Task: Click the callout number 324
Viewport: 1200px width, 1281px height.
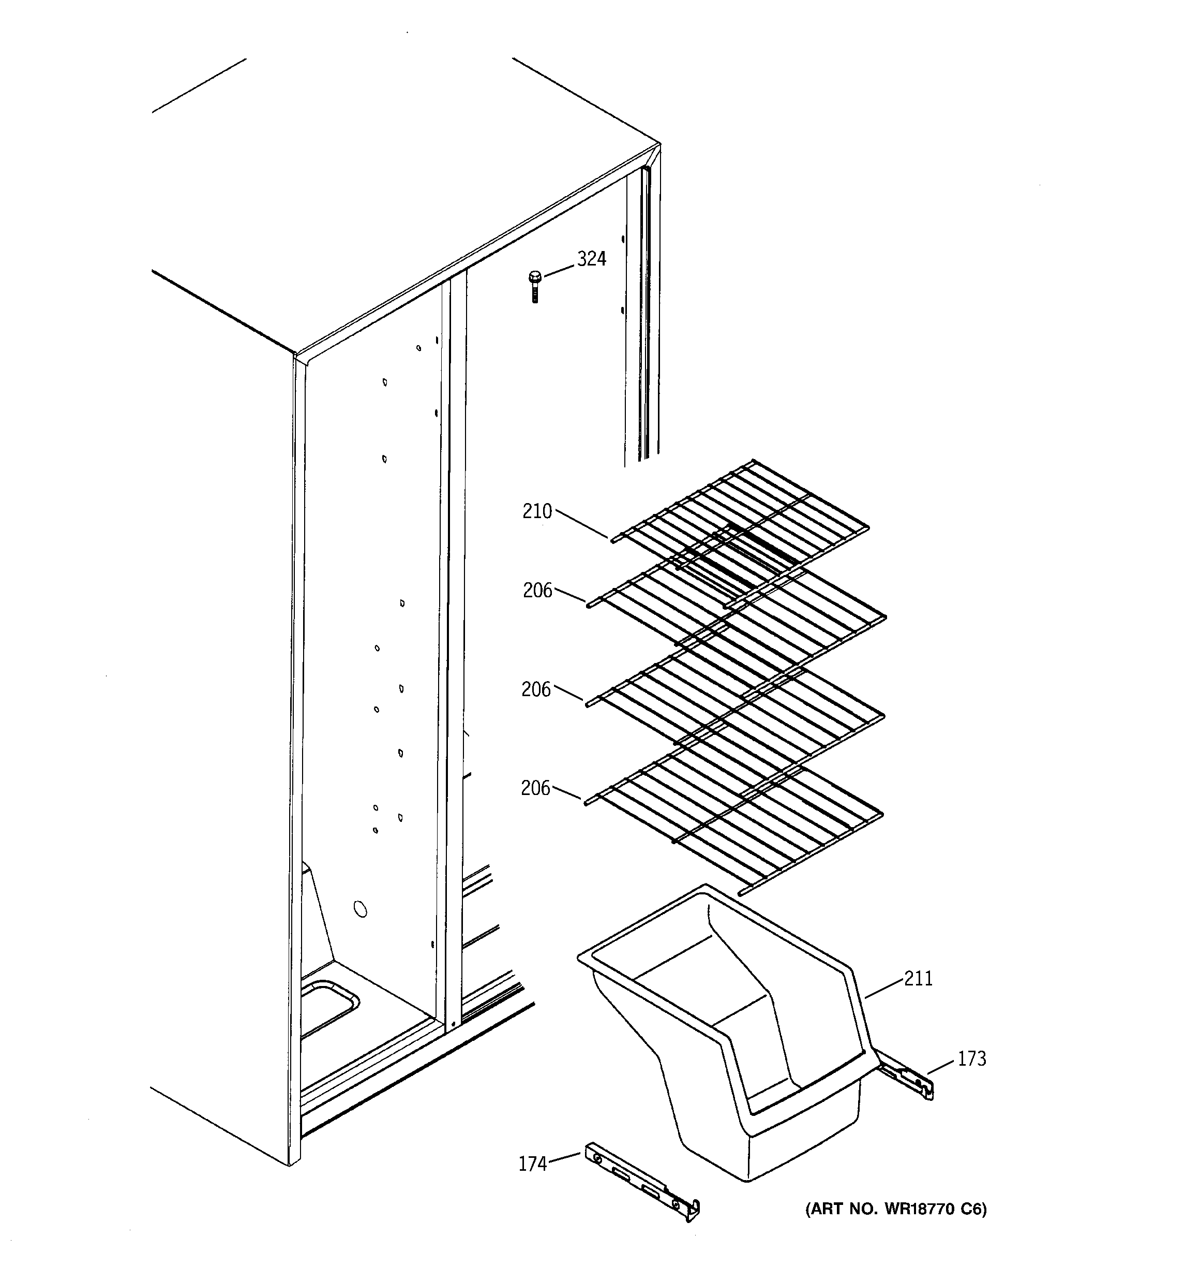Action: [591, 259]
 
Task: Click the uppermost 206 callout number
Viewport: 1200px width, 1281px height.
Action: [537, 590]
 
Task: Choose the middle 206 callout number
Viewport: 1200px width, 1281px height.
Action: [536, 690]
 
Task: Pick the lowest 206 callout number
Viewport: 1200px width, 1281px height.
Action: [535, 788]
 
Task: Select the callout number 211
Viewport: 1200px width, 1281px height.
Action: [918, 979]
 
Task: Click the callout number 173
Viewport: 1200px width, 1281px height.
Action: [971, 1058]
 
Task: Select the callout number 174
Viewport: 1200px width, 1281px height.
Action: [532, 1164]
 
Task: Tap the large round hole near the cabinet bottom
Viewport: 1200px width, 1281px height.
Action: [361, 909]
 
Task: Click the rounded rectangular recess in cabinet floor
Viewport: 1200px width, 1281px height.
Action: [328, 1008]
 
